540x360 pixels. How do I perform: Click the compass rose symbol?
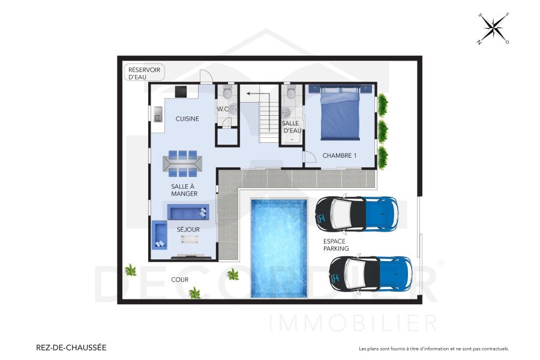tap(493, 28)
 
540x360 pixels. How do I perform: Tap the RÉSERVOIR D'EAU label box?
tap(145, 73)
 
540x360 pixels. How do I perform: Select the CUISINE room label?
tap(187, 119)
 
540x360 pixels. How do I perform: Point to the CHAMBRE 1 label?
tap(340, 155)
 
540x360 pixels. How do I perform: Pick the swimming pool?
tap(278, 247)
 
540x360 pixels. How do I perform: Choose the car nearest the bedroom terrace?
tap(357, 213)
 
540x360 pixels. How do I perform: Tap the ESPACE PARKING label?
tap(334, 245)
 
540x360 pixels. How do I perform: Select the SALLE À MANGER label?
tap(184, 190)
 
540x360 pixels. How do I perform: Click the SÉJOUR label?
tap(188, 229)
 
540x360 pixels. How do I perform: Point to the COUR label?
tap(179, 280)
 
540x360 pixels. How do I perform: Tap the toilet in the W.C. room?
tap(227, 92)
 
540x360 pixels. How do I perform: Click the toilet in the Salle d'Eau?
tap(291, 92)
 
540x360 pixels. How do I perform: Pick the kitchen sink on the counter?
tap(158, 112)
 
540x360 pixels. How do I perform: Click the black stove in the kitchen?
tap(181, 91)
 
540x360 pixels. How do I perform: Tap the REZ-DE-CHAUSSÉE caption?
tap(71, 347)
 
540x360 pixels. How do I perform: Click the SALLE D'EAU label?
tap(291, 127)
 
